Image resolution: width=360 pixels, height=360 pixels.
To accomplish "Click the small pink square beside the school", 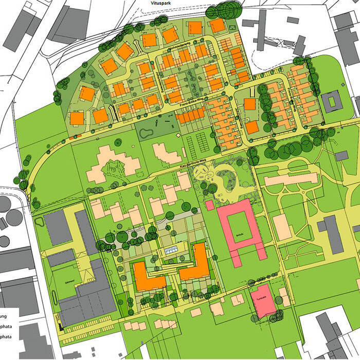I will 210,205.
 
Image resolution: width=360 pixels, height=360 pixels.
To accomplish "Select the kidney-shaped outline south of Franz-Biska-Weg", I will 146,133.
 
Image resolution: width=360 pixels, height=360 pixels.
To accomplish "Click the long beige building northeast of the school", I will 291,179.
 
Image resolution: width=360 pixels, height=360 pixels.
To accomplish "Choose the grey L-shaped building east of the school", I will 332,234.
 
